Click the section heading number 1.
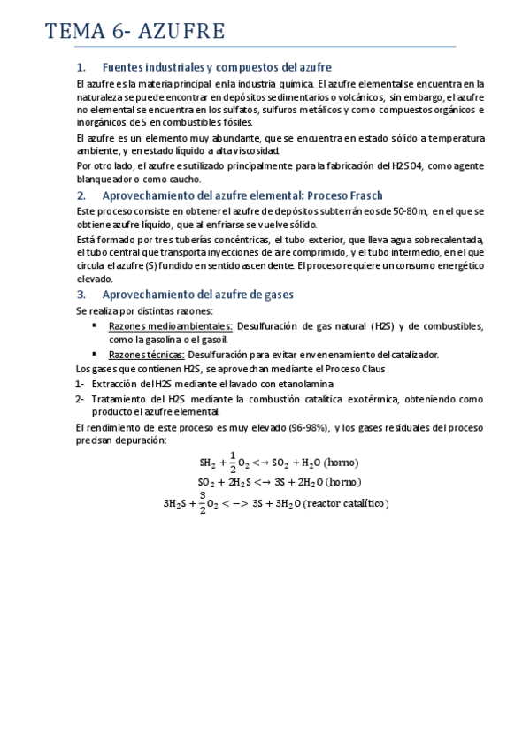tap(81, 67)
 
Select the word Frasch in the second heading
tap(330, 195)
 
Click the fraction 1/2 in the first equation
tap(233, 462)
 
